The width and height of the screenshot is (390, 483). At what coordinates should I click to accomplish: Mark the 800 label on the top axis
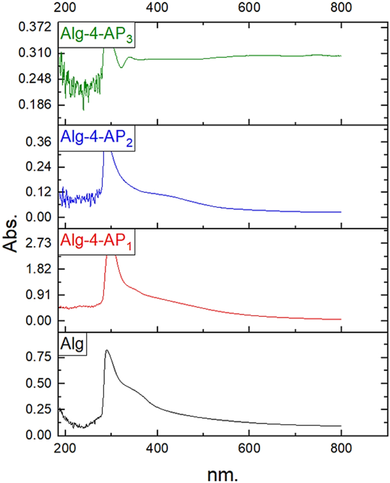(x=341, y=8)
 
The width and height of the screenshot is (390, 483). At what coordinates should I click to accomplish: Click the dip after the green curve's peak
(x=121, y=67)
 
